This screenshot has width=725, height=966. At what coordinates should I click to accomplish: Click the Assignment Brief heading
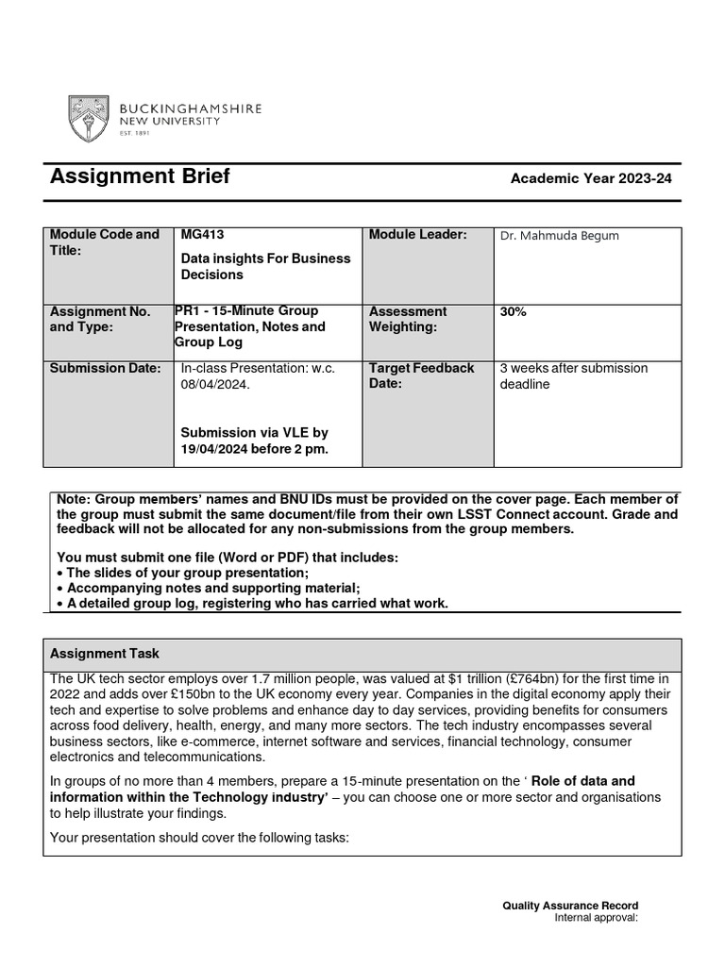pos(139,177)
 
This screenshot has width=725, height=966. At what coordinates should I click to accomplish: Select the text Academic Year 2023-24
pos(591,178)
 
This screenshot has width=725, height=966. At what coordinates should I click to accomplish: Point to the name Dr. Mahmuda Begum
pos(559,236)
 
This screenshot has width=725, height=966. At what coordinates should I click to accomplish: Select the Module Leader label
pos(417,235)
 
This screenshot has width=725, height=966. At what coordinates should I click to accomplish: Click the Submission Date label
pos(104,368)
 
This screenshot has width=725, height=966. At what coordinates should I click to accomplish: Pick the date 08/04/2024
pos(216,385)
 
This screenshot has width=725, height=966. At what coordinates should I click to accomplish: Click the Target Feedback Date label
pos(421,375)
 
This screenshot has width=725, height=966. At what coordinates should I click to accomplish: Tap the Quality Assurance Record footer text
pos(569,907)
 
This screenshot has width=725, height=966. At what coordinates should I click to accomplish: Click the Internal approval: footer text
pos(596,917)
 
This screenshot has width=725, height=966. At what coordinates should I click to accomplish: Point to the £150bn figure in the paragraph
pos(237,693)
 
